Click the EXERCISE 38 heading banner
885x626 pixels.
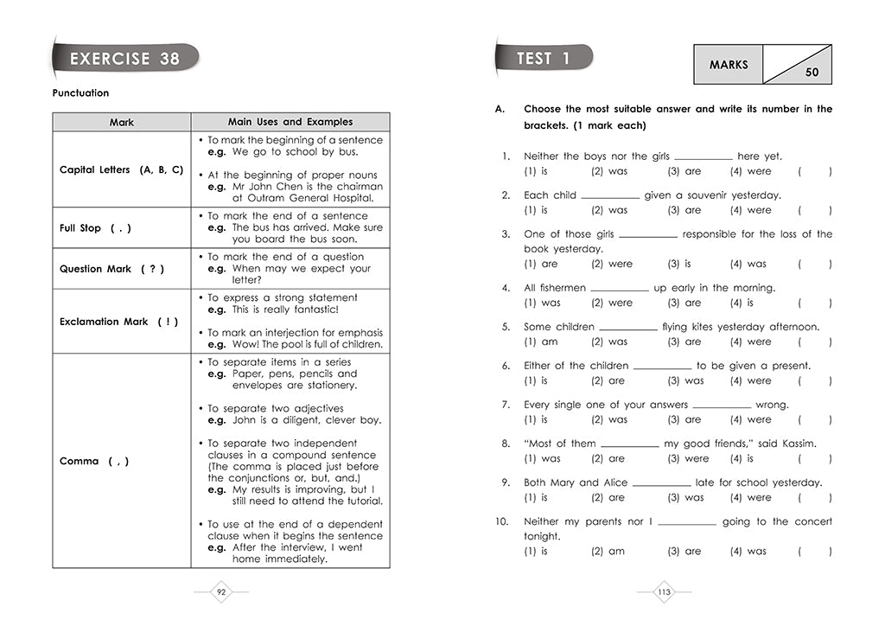coord(124,59)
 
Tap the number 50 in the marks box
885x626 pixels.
coord(812,73)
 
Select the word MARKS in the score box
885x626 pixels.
coord(729,65)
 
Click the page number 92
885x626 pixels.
coord(221,592)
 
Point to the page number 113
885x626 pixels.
coord(664,592)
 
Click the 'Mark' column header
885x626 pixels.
coord(122,123)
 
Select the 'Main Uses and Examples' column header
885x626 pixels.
coord(290,122)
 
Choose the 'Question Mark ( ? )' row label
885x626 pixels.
coord(111,269)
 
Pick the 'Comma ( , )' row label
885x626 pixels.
coord(94,462)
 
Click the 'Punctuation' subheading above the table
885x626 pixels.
coord(80,93)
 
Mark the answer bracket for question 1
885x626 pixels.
coord(815,171)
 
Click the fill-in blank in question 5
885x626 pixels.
coord(627,328)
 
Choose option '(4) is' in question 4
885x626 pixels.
coord(742,303)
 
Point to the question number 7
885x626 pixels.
coord(506,405)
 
